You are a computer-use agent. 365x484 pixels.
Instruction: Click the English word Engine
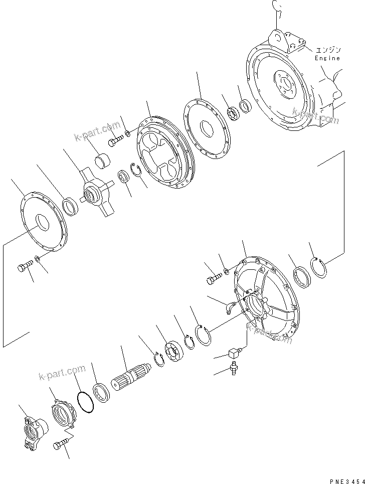click(327, 58)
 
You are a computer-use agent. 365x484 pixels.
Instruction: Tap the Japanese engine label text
click(328, 50)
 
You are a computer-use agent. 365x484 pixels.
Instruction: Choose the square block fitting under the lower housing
click(234, 353)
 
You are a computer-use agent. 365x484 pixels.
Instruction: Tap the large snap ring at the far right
click(319, 269)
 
